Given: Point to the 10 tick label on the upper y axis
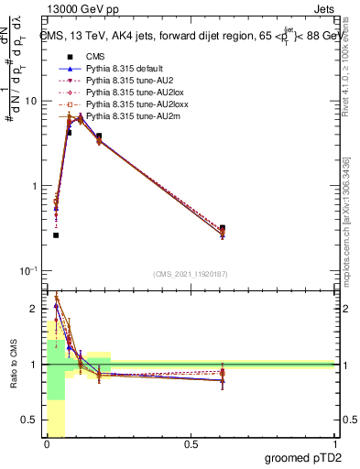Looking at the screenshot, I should pyautogui.click(x=31, y=101).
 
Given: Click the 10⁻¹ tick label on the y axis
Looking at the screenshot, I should pyautogui.click(x=29, y=271).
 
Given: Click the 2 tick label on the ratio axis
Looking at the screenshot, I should pyautogui.click(x=36, y=307).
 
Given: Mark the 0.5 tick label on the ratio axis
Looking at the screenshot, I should pyautogui.click(x=32, y=421).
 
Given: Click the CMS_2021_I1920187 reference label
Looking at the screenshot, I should pyautogui.click(x=190, y=274).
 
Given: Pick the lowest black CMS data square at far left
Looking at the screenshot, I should pyautogui.click(x=56, y=235).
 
